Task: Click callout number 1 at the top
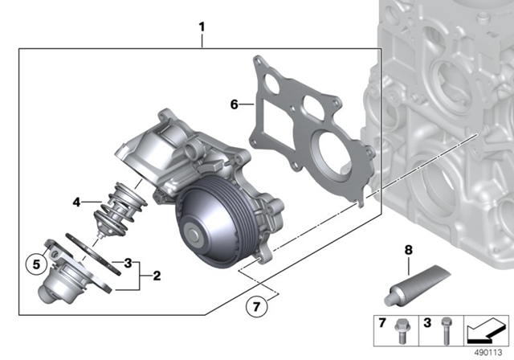pyautogui.click(x=202, y=27)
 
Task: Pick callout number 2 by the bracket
pyautogui.click(x=157, y=276)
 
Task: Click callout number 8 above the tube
pyautogui.click(x=408, y=250)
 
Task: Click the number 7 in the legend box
pyautogui.click(x=382, y=323)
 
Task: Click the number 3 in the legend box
pyautogui.click(x=427, y=323)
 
